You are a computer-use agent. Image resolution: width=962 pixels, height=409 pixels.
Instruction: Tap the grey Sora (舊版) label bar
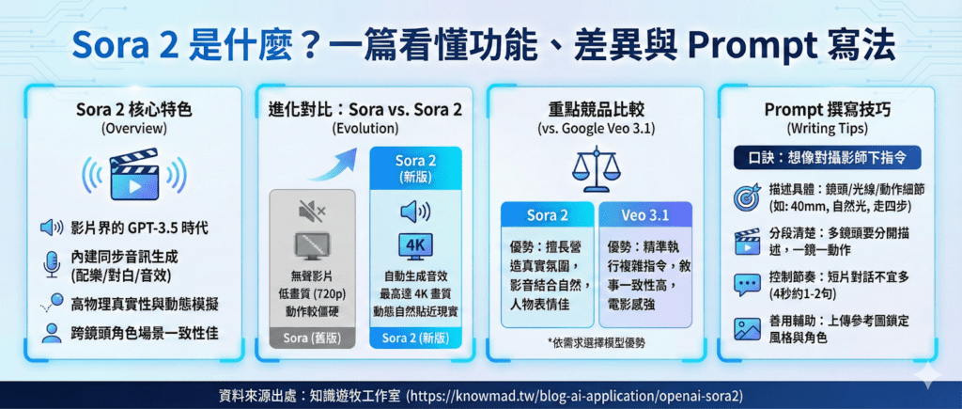coord(312,338)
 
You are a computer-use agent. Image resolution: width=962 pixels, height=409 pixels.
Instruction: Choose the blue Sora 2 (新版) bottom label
coord(415,338)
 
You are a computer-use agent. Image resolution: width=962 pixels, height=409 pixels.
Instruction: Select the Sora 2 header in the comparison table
coord(548,216)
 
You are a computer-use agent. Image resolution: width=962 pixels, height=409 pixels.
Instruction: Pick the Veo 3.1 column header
coord(645,216)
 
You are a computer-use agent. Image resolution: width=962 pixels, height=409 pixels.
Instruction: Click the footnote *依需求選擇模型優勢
coord(596,343)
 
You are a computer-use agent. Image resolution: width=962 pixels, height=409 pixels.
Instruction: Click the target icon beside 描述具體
coord(747,197)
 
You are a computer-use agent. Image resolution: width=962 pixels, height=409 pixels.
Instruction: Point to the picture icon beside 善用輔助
coord(747,328)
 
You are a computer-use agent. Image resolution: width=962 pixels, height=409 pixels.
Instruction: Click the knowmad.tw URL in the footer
coord(575,396)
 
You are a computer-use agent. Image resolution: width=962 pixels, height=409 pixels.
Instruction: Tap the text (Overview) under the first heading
coord(133,129)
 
